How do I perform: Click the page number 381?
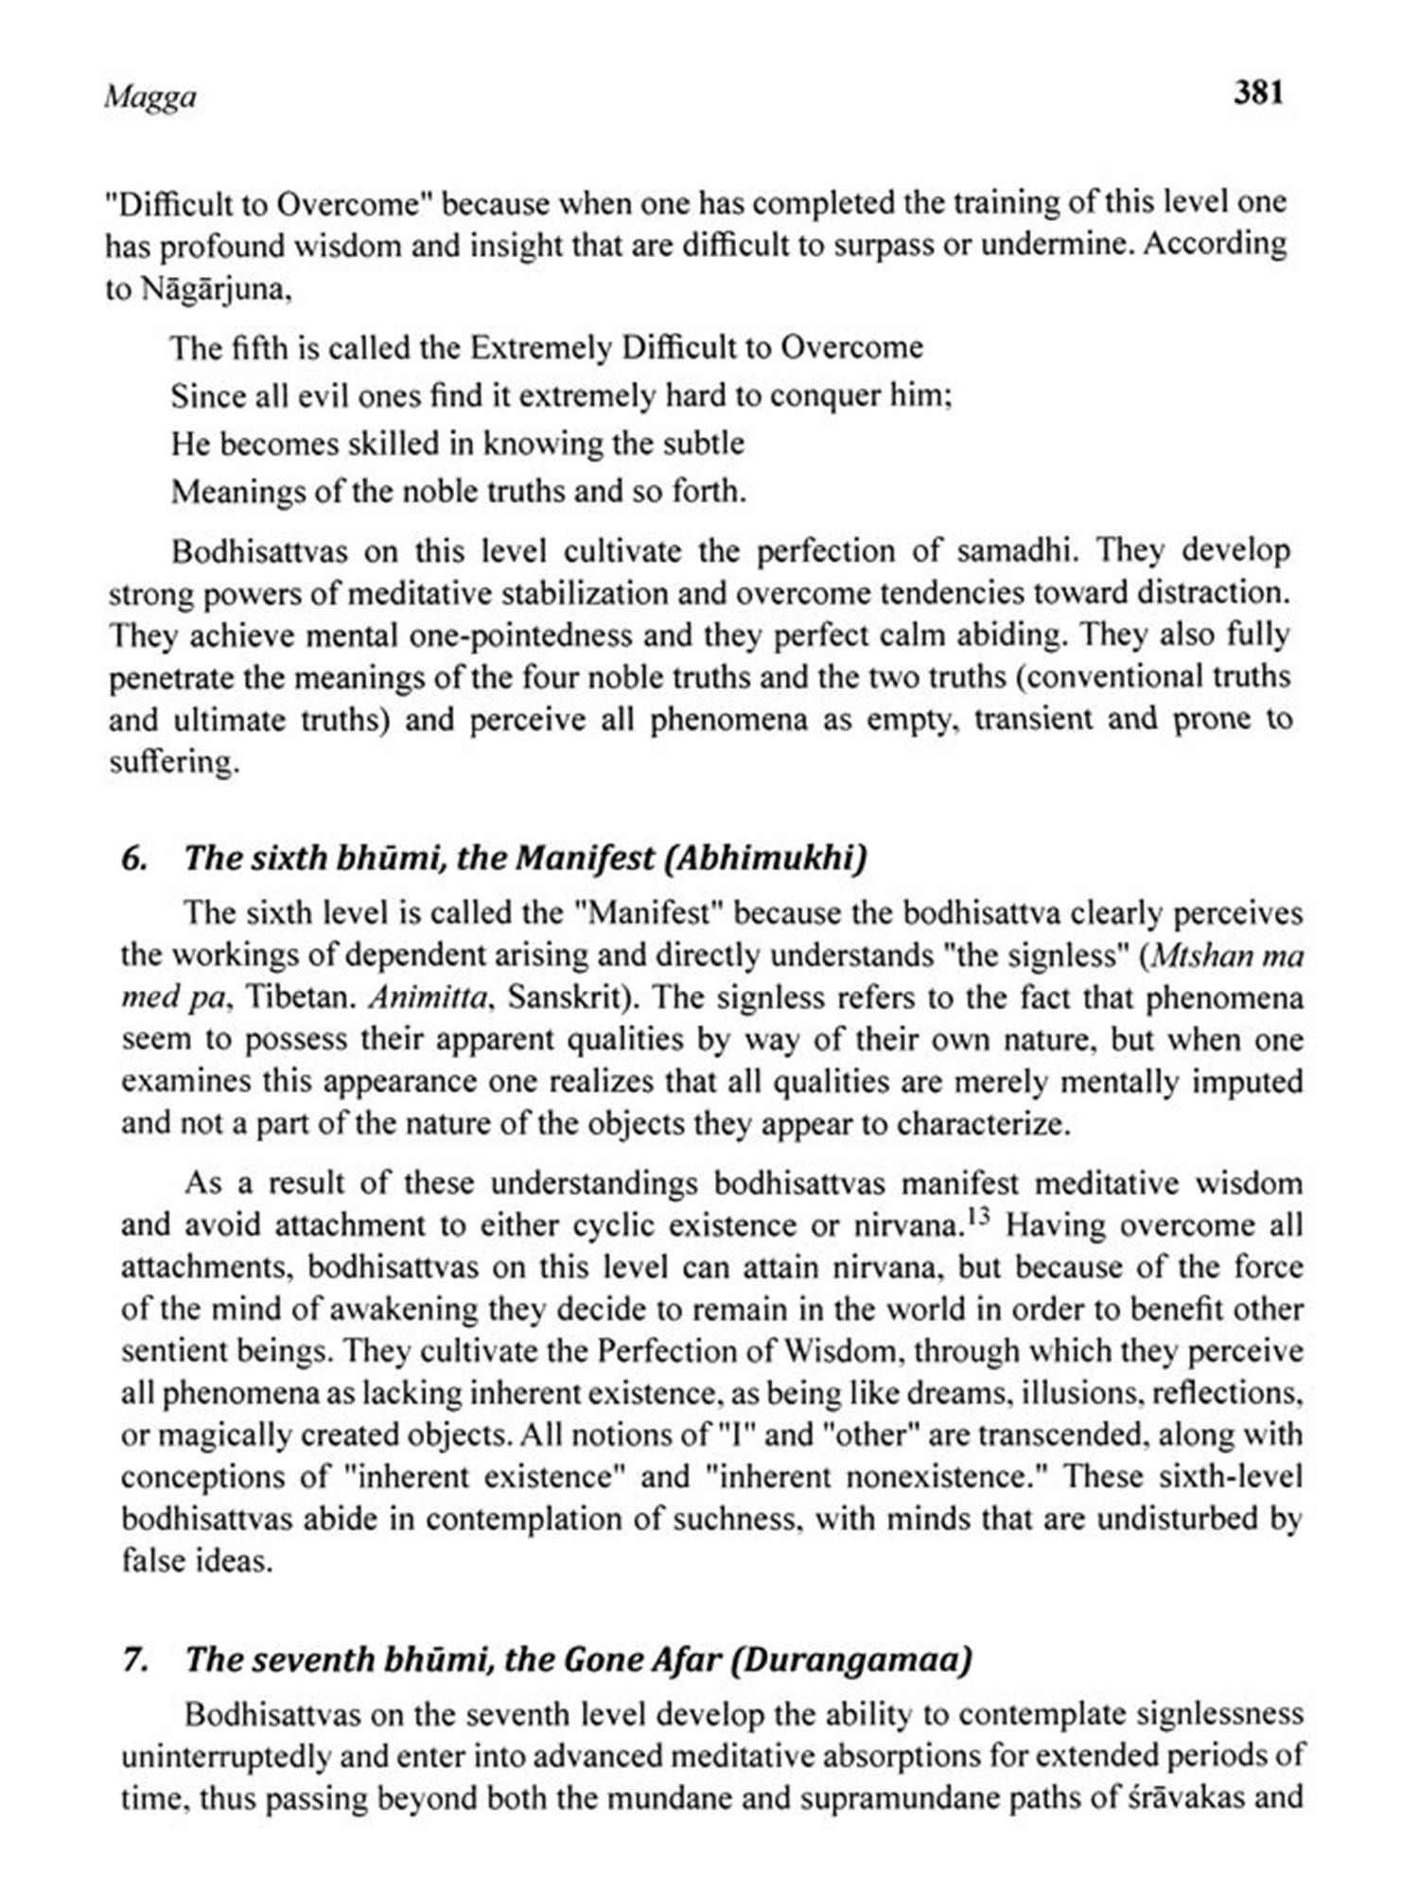tap(1258, 93)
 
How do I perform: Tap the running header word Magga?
tap(150, 96)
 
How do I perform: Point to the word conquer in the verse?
tap(827, 395)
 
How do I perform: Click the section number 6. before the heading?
tap(134, 858)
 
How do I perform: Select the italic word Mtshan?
tap(1202, 956)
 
